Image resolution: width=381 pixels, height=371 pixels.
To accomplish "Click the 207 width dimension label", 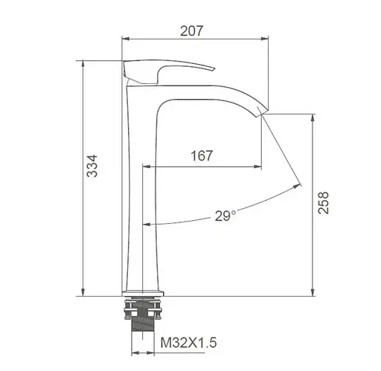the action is [191, 31].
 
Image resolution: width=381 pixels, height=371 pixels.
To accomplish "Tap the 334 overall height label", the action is [92, 166].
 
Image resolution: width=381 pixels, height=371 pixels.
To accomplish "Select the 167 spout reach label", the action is [202, 155].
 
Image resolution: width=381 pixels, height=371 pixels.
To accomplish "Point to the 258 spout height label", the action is [323, 202].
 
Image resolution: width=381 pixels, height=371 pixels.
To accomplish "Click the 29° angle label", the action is [225, 216].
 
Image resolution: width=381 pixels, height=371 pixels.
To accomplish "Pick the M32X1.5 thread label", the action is [188, 343].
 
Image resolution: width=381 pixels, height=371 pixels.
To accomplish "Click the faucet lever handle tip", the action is [214, 68].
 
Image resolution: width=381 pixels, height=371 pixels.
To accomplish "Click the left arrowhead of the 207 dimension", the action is [126, 39].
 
